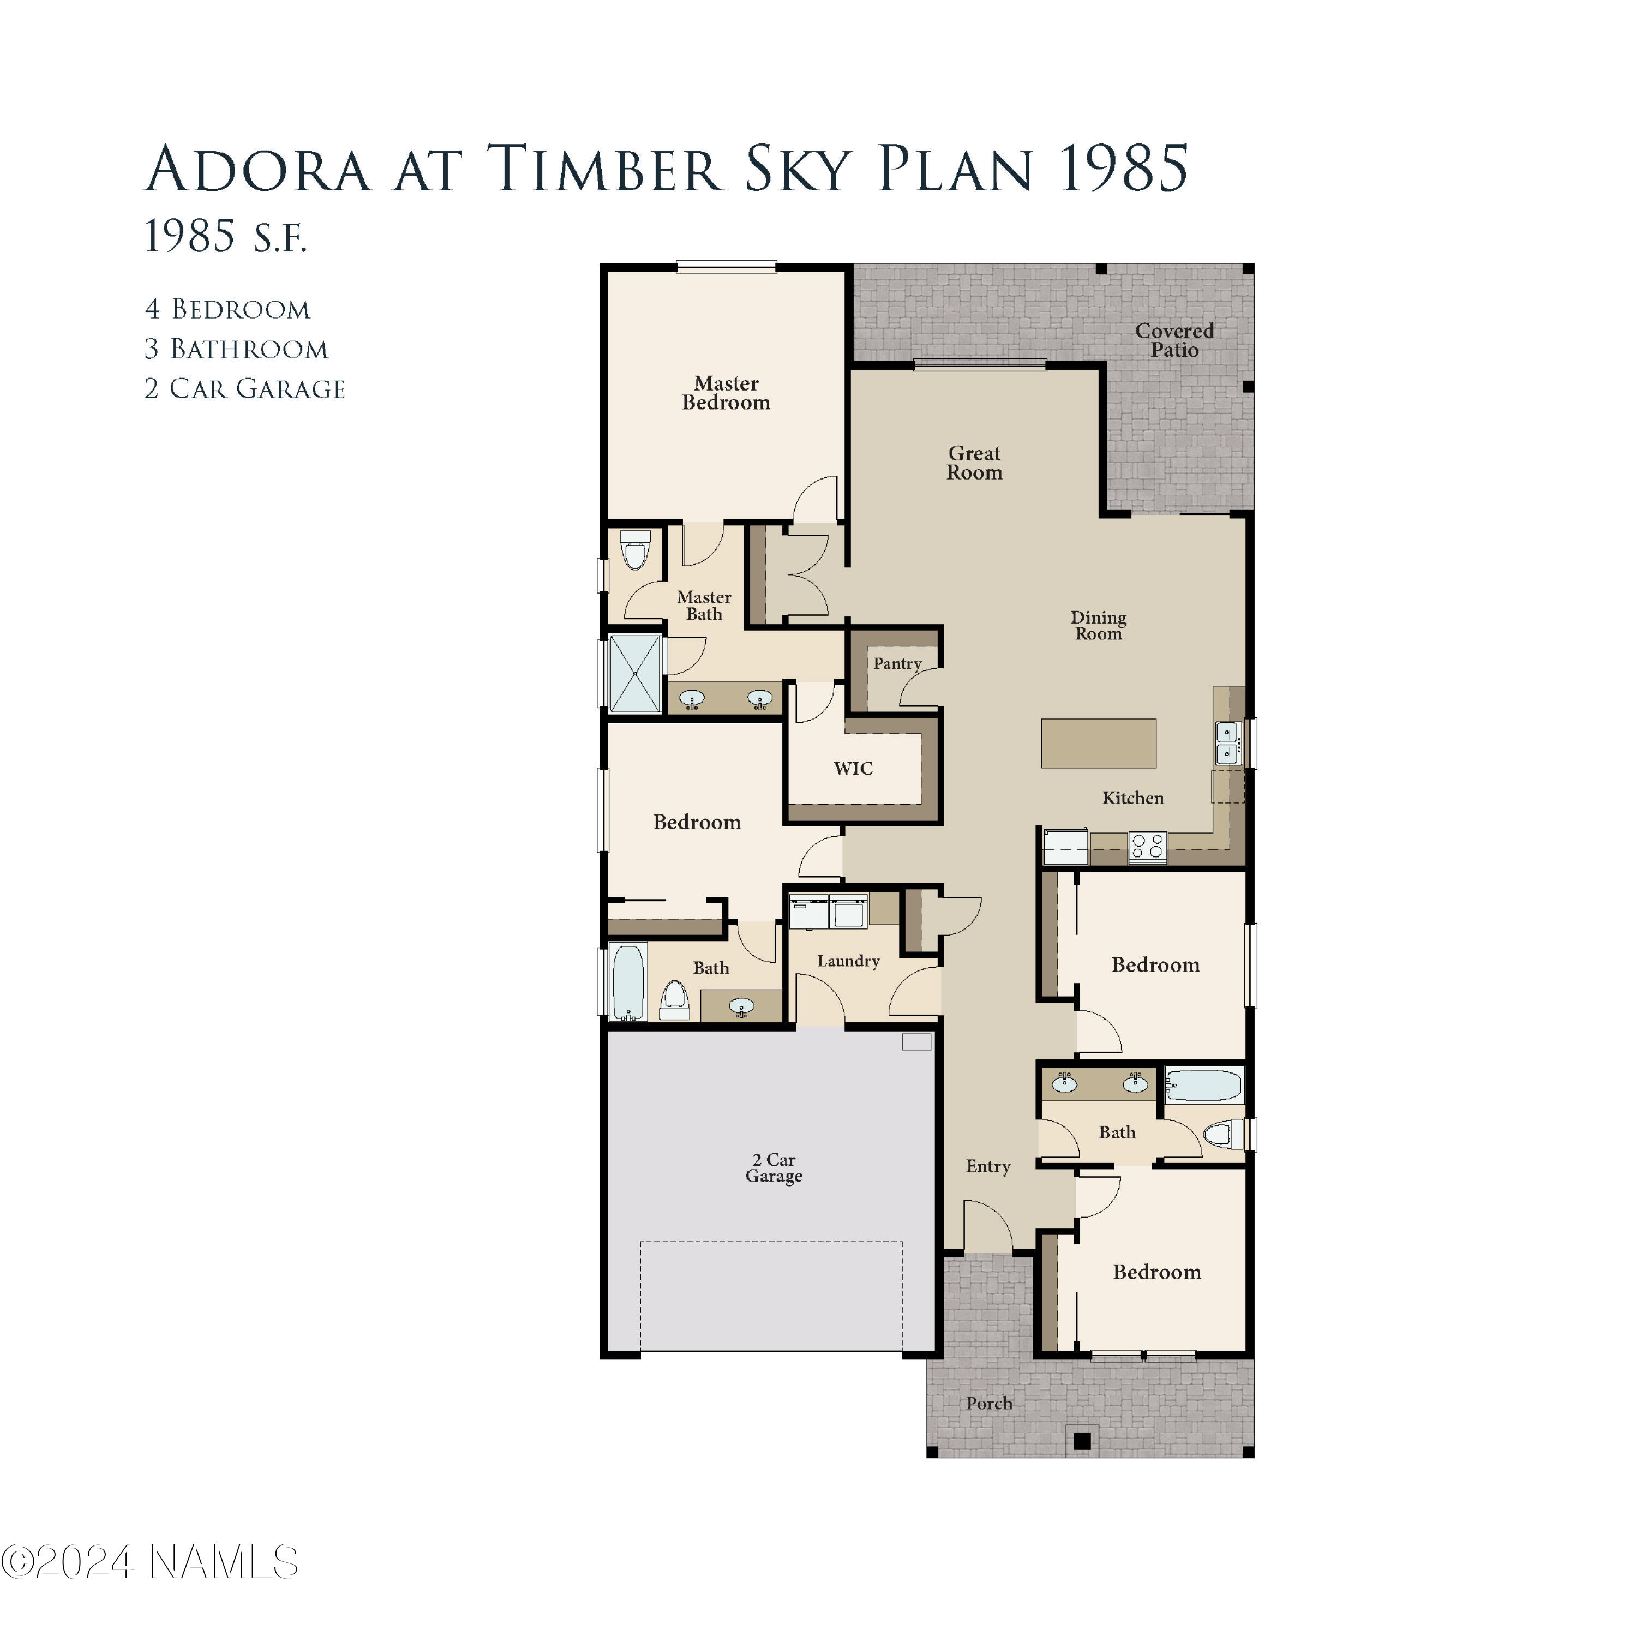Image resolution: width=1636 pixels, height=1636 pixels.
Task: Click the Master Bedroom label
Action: (726, 393)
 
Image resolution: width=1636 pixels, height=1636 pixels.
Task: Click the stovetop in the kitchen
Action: (1147, 846)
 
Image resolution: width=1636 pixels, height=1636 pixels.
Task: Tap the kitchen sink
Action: (1226, 742)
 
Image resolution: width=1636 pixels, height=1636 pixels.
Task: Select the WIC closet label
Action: (853, 768)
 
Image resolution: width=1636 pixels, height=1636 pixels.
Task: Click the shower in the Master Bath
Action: (635, 673)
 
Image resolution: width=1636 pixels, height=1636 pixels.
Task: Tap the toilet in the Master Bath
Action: (635, 552)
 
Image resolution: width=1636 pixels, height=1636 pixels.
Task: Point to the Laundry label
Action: (848, 960)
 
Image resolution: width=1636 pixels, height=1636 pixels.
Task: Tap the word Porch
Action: (988, 1403)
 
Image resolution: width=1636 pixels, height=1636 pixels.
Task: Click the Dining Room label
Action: (1098, 625)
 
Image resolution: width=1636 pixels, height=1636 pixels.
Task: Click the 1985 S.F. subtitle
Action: (225, 236)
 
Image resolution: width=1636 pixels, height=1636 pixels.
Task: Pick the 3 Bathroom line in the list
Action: (236, 349)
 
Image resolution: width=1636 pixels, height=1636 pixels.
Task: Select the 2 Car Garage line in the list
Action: (245, 388)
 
